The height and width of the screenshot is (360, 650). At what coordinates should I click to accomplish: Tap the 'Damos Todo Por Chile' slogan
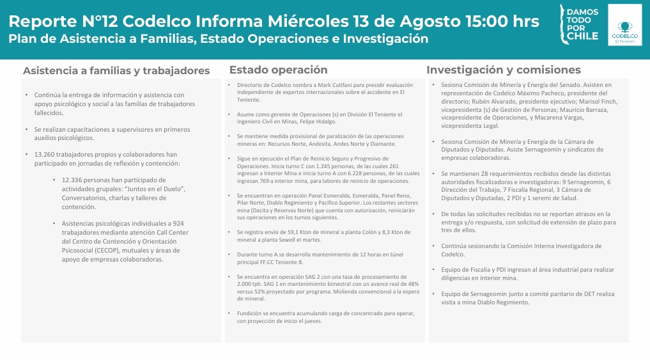point(582,24)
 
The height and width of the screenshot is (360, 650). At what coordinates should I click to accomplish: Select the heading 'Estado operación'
point(278,70)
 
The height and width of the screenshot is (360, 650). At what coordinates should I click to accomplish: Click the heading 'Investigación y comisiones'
point(504,70)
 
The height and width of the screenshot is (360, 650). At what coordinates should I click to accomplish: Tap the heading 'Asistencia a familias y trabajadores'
point(116,70)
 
